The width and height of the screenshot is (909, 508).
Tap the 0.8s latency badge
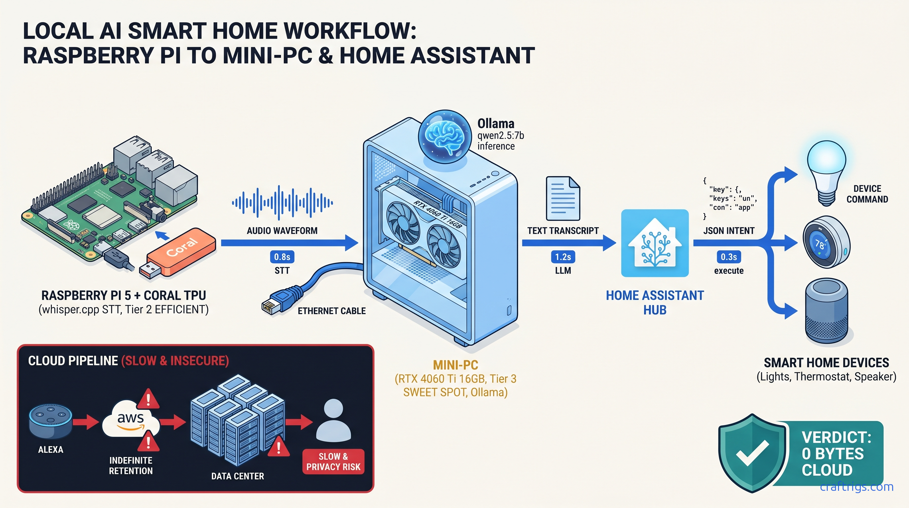point(282,257)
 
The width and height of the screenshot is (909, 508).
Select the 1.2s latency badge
point(563,257)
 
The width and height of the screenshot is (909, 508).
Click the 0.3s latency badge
point(728,257)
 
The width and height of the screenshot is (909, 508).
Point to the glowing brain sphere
point(445,136)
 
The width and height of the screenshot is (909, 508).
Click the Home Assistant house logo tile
point(655,243)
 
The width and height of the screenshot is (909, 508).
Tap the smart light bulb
point(826,171)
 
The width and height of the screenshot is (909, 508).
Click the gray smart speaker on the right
point(826,311)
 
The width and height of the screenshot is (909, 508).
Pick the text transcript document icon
point(563,199)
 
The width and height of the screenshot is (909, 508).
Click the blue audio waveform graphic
point(282,202)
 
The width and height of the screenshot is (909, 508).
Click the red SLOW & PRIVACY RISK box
point(333,461)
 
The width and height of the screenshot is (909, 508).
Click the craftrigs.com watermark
point(856,487)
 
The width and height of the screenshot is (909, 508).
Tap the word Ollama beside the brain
point(495,124)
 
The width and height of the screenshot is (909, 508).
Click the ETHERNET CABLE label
point(331,311)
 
